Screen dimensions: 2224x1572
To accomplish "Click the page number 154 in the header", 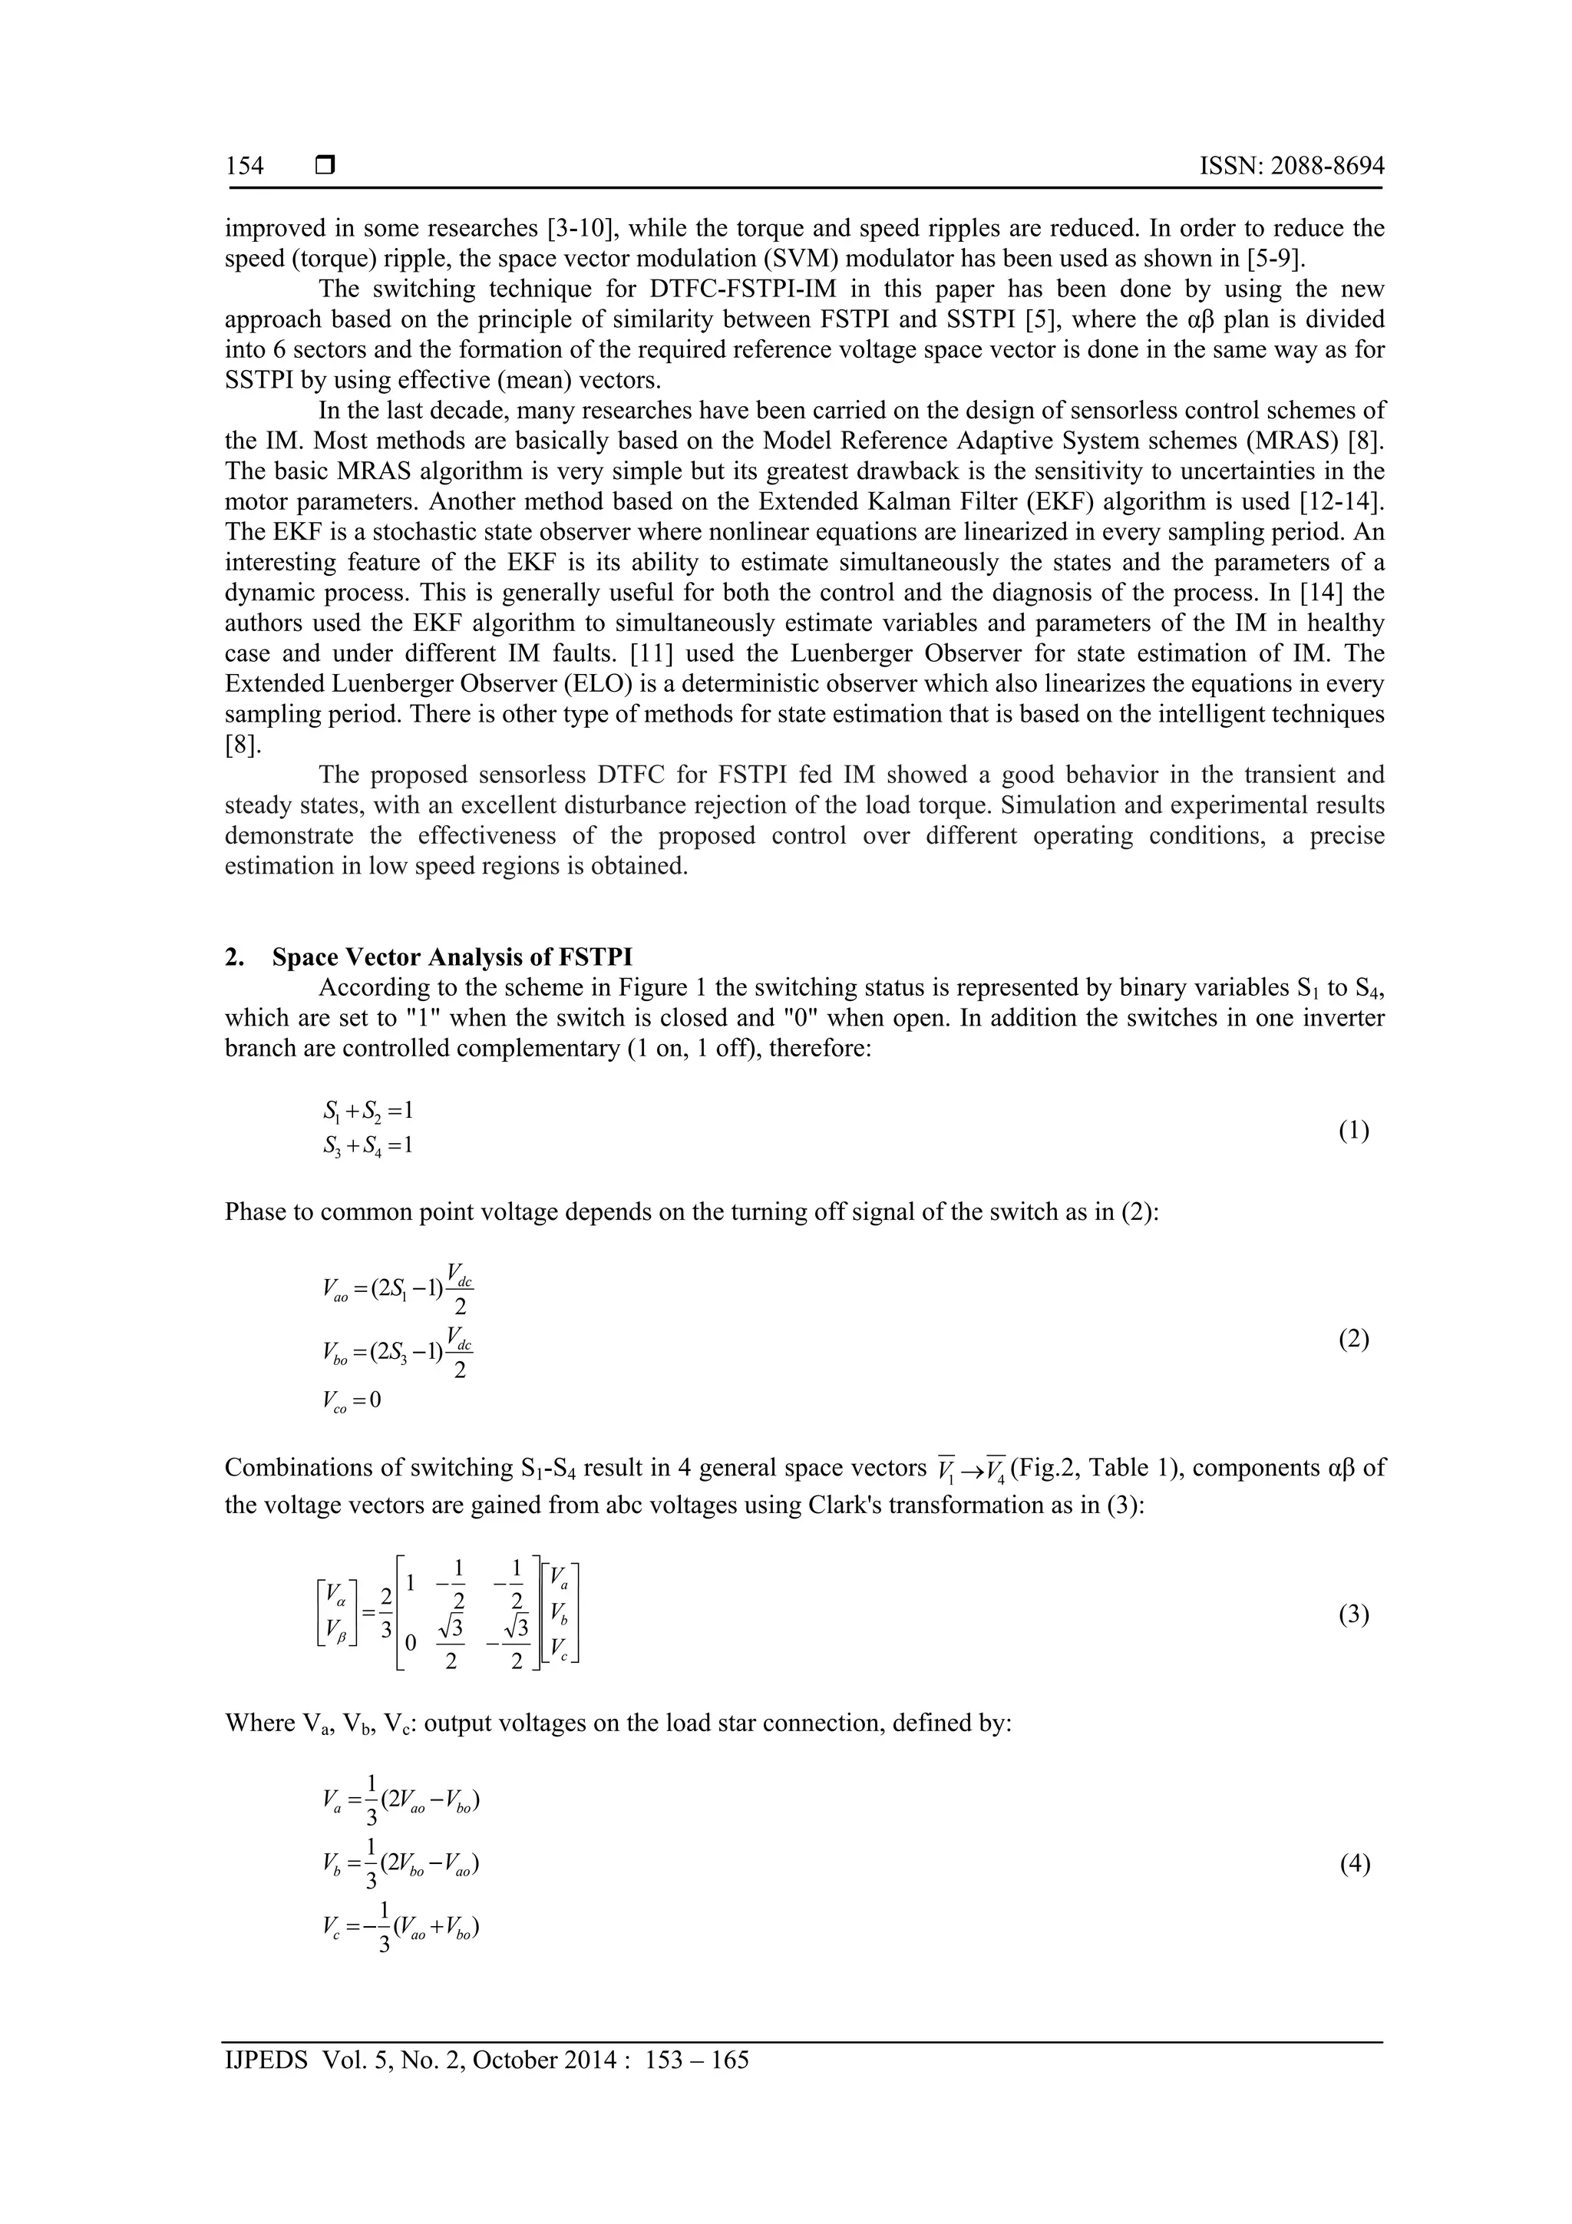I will (244, 167).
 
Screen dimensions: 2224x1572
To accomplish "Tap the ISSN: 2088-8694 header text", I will (1291, 167).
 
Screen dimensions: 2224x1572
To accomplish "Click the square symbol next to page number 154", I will (325, 167).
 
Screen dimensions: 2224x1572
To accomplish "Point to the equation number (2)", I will (1353, 1340).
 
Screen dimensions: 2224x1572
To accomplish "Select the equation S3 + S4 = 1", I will (369, 1147).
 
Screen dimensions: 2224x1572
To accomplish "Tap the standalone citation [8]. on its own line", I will (242, 745).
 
